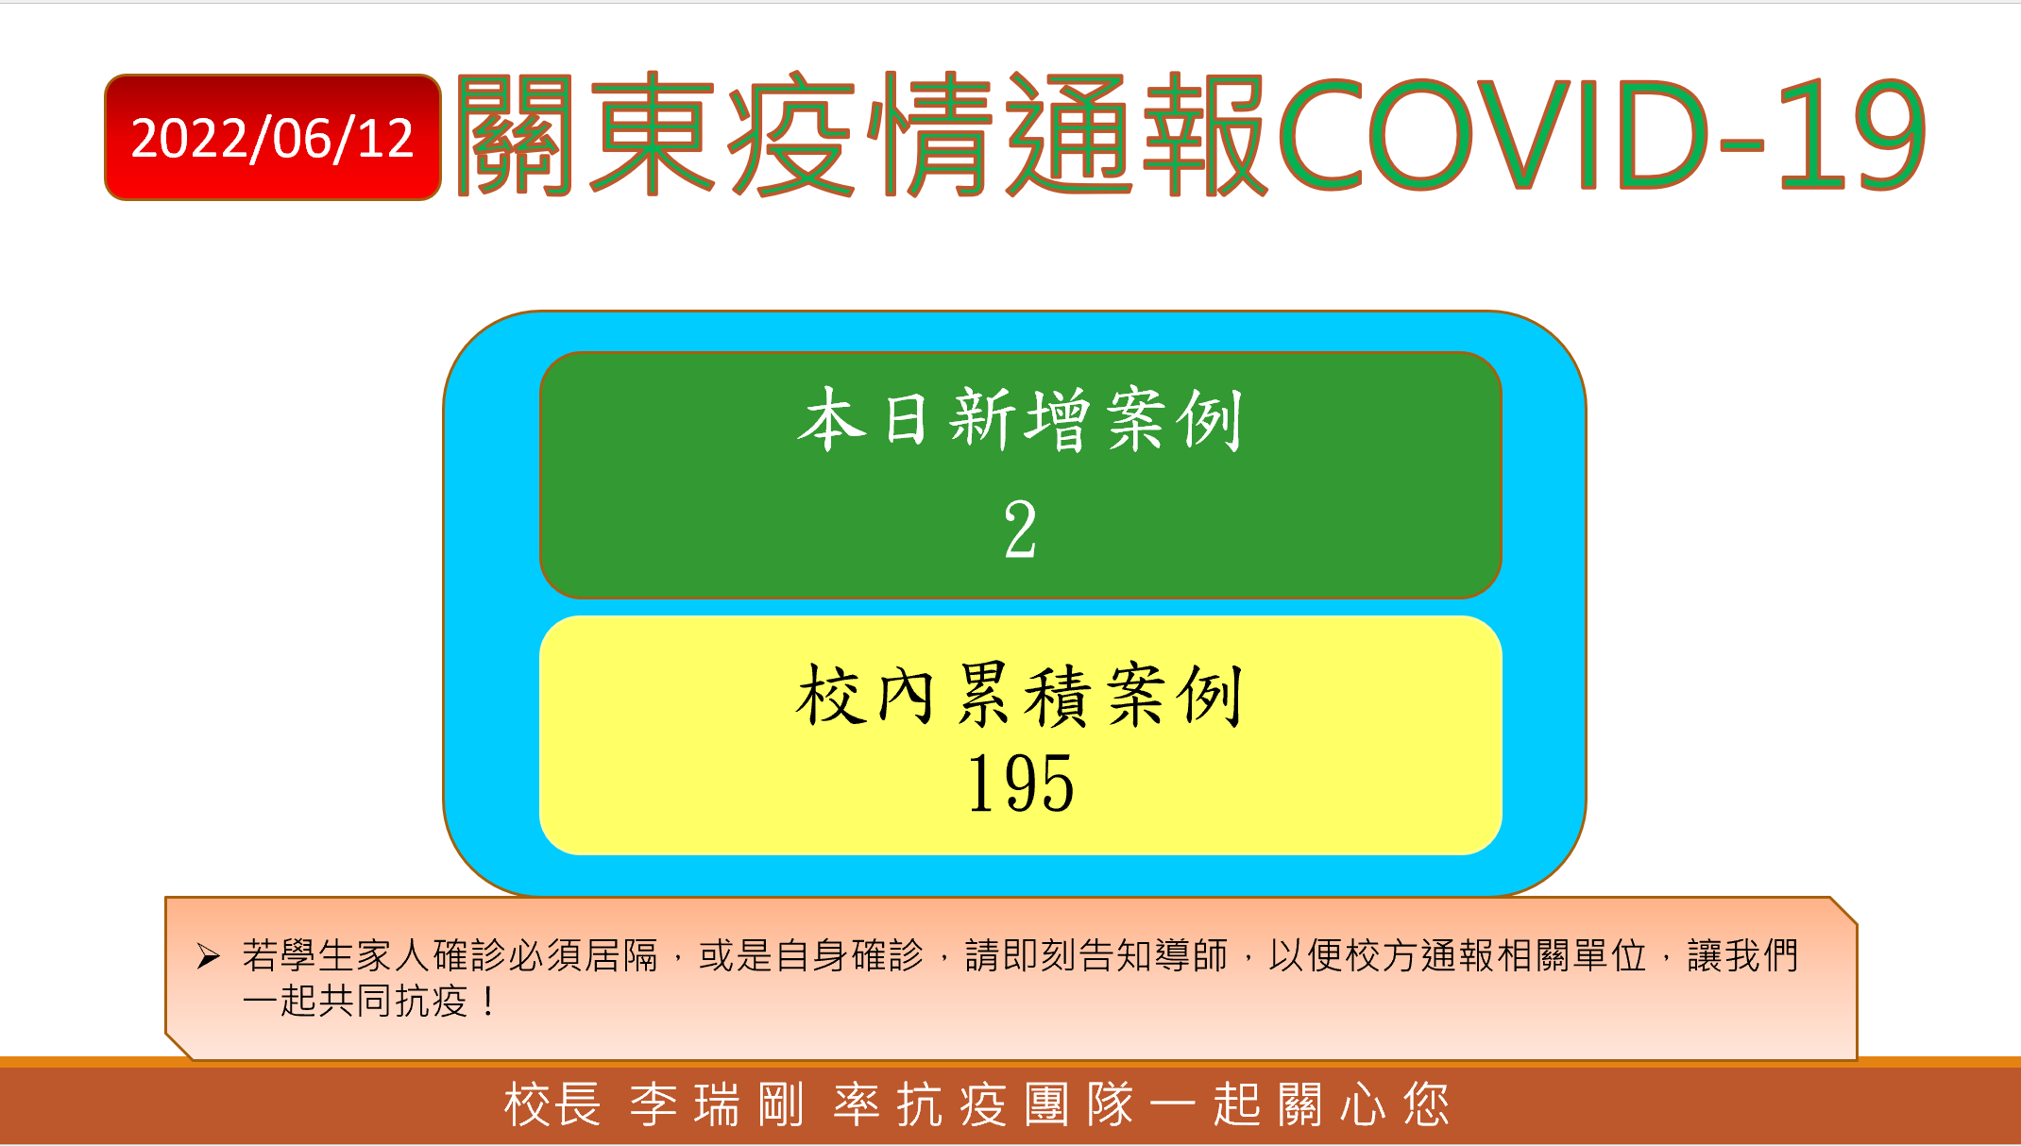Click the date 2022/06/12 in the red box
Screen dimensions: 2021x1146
click(x=272, y=139)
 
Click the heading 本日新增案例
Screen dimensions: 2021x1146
click(x=1020, y=419)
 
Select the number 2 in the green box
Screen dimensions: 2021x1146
click(x=1020, y=530)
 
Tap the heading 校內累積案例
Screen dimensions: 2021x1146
click(x=1020, y=695)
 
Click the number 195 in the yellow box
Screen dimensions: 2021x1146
click(x=1021, y=783)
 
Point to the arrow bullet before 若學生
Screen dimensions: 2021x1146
click(x=209, y=956)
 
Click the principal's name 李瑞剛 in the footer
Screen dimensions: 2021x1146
click(x=717, y=1104)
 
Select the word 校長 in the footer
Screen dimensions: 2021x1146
click(x=552, y=1104)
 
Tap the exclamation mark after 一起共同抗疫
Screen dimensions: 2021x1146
click(x=487, y=1001)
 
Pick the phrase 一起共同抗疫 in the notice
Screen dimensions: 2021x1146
click(x=355, y=1001)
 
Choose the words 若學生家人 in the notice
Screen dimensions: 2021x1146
click(x=336, y=955)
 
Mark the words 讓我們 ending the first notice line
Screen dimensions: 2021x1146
click(x=1743, y=955)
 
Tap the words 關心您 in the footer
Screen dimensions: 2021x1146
click(x=1364, y=1104)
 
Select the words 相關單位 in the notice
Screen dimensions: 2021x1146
click(x=1572, y=955)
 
